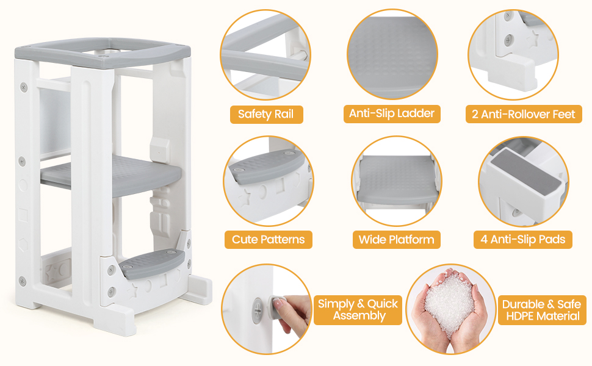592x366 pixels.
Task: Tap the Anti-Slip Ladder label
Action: [x=391, y=113]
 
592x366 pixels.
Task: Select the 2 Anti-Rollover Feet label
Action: [x=523, y=114]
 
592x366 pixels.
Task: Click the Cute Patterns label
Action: [x=268, y=239]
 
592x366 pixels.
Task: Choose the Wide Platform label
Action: [x=396, y=239]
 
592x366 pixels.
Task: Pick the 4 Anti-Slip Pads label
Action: [x=523, y=239]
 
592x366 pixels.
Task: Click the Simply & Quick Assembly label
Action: [x=358, y=309]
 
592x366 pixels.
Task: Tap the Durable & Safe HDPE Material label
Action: [x=541, y=309]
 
